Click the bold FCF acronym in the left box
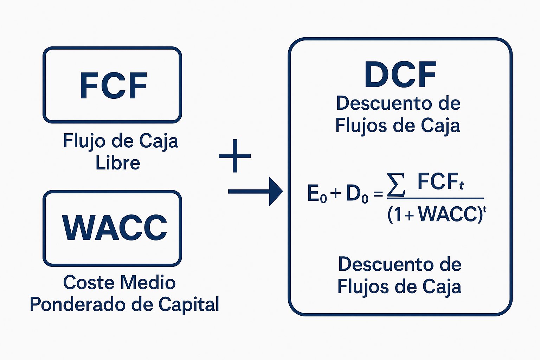pyautogui.click(x=113, y=85)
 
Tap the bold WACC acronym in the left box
pyautogui.click(x=114, y=227)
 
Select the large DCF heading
pyautogui.click(x=400, y=75)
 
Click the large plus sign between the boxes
pyautogui.click(x=234, y=156)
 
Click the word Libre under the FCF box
pyautogui.click(x=118, y=163)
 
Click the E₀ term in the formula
pyautogui.click(x=317, y=194)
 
